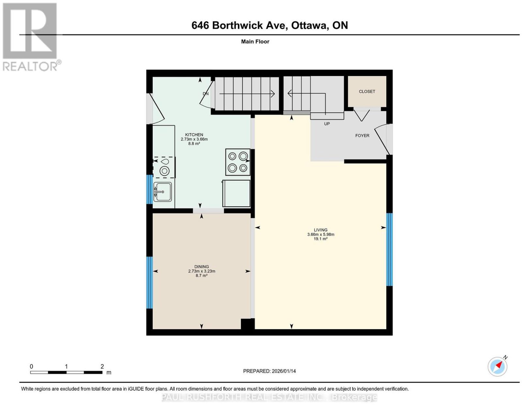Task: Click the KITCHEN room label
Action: pos(194,135)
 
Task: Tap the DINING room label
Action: pos(202,267)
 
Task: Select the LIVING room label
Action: pos(320,230)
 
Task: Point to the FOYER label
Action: pos(362,136)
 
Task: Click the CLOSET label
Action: pos(367,92)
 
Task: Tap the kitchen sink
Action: pos(162,192)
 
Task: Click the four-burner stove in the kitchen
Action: pos(238,162)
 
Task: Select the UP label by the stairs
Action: pos(327,124)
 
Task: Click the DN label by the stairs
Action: pos(206,94)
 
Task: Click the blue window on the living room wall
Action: pos(389,250)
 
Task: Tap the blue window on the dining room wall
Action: pos(149,282)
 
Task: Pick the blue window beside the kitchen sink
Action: pos(149,189)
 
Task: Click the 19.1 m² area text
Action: pos(320,239)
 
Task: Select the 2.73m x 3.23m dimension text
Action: pos(202,271)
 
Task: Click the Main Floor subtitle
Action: pos(255,41)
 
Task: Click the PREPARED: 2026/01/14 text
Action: pos(269,371)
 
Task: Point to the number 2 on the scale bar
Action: pos(102,367)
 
